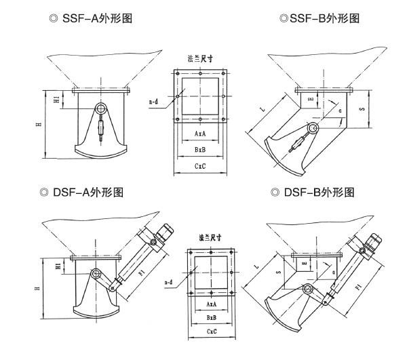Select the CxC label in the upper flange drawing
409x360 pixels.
click(x=201, y=165)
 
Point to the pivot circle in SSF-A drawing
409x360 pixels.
click(x=101, y=108)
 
